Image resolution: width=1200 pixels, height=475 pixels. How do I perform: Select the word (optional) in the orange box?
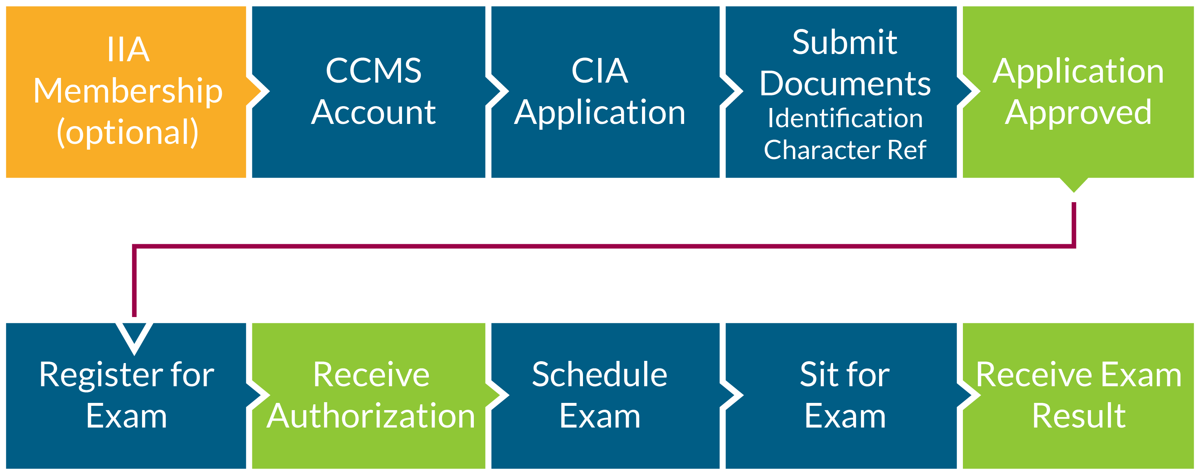(x=128, y=133)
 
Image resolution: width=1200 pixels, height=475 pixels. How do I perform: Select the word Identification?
(x=845, y=118)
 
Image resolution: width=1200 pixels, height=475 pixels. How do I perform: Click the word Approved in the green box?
(x=1078, y=113)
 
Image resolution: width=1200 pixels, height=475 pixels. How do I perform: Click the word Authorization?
(x=371, y=416)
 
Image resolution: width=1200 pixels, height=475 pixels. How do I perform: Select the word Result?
(x=1079, y=416)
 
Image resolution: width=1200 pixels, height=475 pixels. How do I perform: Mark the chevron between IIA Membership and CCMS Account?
(x=259, y=91)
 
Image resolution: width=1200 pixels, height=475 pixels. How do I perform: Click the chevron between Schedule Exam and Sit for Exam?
(x=732, y=396)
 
